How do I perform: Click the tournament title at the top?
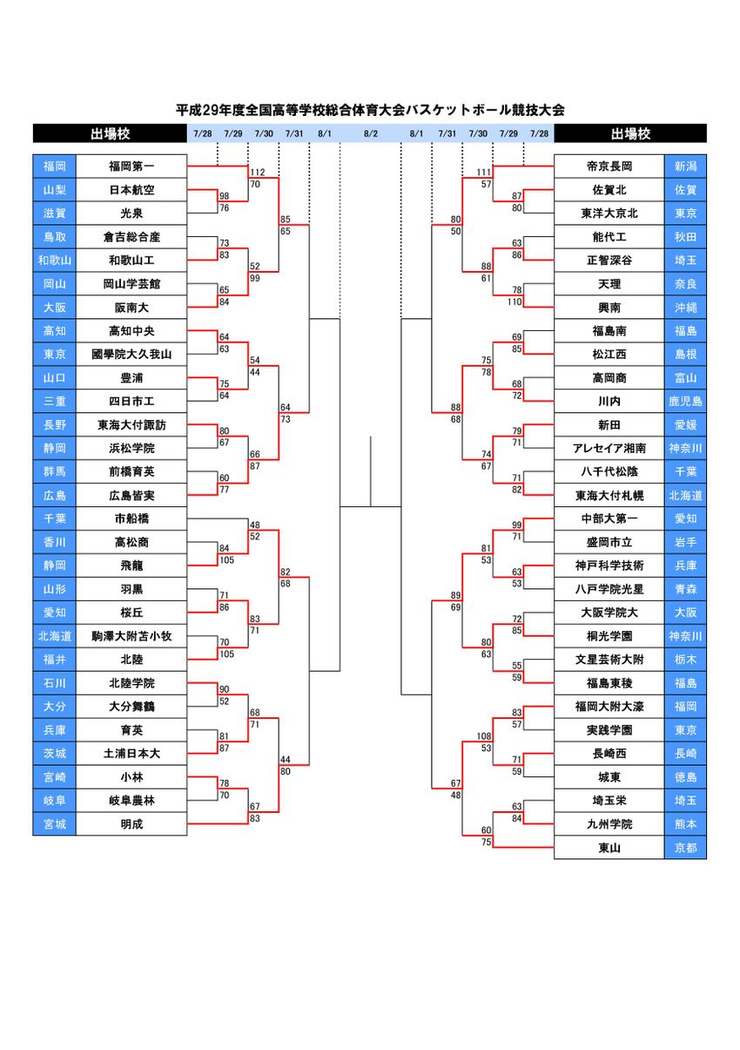370,111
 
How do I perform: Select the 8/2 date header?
370,133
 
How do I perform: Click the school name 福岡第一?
131,166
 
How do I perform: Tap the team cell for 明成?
131,823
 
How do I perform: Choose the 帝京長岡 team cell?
609,166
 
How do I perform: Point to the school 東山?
609,847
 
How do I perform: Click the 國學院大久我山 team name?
131,354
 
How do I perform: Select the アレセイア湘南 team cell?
609,448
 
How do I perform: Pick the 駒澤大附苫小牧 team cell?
131,636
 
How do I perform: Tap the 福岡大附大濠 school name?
609,706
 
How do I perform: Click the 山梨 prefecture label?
54,189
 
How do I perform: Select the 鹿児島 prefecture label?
685,401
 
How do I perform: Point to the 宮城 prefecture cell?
54,823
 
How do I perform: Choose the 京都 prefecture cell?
685,847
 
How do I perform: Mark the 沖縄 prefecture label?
685,307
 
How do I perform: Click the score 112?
257,172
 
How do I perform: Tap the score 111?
485,172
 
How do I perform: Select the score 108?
485,736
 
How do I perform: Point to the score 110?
515,301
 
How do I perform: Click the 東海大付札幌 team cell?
609,495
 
